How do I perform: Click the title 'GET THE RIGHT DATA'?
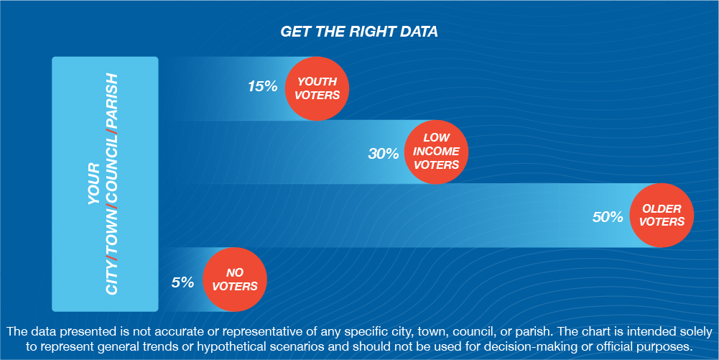tap(359, 32)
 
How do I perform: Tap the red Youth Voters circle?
tap(317, 88)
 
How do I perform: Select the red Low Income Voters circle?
tap(435, 152)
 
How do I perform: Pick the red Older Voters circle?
tap(662, 216)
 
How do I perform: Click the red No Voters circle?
tap(235, 280)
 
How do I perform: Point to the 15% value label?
tap(263, 86)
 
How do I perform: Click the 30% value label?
tap(384, 154)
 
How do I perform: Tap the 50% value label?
tap(608, 217)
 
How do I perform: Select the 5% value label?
tap(183, 282)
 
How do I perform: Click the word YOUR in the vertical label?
tap(93, 183)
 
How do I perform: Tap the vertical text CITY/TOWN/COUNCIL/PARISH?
tap(112, 183)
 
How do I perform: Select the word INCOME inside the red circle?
tap(436, 151)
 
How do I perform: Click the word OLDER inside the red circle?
tap(662, 209)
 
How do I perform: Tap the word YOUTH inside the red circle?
tap(317, 82)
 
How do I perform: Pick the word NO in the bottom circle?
tap(235, 273)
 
